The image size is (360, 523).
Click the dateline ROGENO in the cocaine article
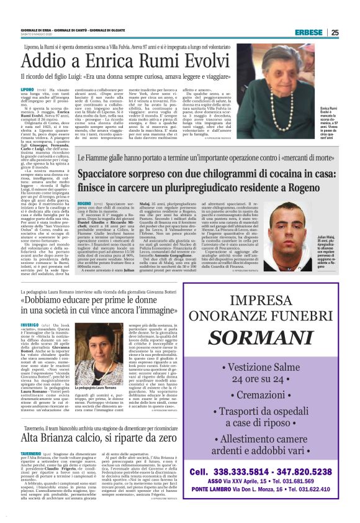point(87,203)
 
